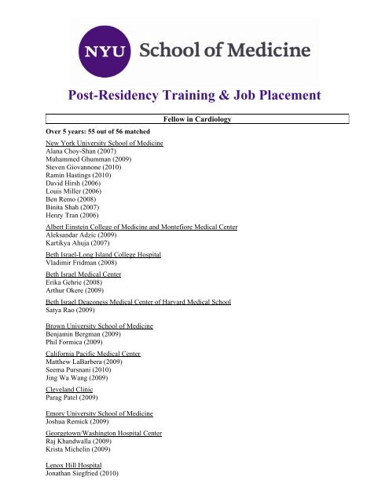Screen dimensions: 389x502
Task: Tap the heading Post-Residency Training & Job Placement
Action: tap(194, 96)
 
